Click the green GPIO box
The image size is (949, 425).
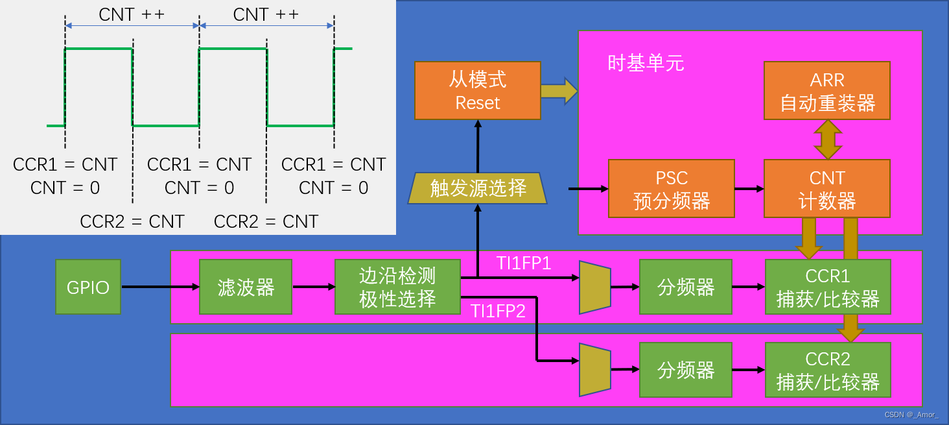pyautogui.click(x=88, y=287)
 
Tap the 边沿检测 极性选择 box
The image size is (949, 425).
pyautogui.click(x=397, y=287)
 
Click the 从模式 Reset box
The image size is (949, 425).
pyautogui.click(x=478, y=91)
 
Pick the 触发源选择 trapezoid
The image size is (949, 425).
pyautogui.click(x=478, y=188)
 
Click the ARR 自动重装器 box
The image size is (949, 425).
pyautogui.click(x=827, y=91)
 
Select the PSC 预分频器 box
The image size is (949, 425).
pyautogui.click(x=672, y=189)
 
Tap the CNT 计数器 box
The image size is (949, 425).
pyautogui.click(x=827, y=189)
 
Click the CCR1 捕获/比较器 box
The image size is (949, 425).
pyautogui.click(x=827, y=287)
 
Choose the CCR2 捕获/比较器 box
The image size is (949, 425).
pyautogui.click(x=827, y=370)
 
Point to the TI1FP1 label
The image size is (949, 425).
pyautogui.click(x=524, y=263)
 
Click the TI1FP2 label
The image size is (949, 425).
pyautogui.click(x=498, y=311)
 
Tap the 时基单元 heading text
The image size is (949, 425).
pyautogui.click(x=646, y=63)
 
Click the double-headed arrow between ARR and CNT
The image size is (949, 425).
pyautogui.click(x=828, y=140)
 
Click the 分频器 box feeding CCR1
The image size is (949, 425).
pyautogui.click(x=685, y=287)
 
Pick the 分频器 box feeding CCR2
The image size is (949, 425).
pyautogui.click(x=685, y=370)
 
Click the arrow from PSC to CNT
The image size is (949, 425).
pyautogui.click(x=749, y=189)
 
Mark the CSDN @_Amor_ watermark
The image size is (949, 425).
pyautogui.click(x=911, y=415)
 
